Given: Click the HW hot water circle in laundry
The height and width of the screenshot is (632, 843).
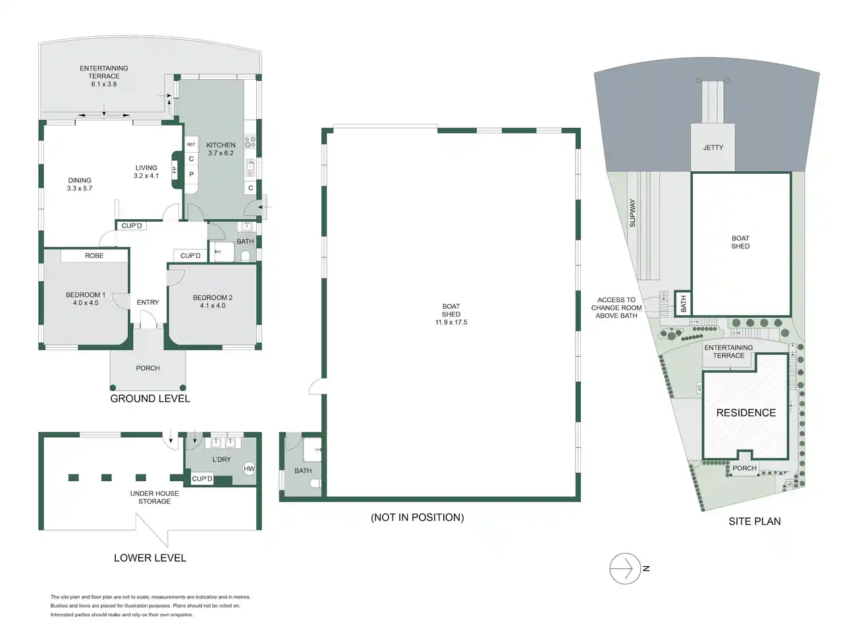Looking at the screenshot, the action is (x=249, y=469).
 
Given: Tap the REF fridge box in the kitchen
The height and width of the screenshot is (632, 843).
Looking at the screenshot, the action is (x=191, y=144).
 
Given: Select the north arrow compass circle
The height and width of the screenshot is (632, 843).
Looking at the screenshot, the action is (x=625, y=568).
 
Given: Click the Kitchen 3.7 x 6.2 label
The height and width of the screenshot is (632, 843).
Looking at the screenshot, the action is (x=221, y=149).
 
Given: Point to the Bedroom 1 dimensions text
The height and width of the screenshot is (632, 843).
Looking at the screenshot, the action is (x=86, y=303).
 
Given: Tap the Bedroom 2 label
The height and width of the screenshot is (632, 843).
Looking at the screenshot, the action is (x=212, y=298).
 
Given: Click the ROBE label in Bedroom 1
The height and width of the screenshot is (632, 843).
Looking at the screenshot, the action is (x=94, y=255).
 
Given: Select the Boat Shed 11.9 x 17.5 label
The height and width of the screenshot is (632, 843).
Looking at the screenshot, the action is (x=451, y=314).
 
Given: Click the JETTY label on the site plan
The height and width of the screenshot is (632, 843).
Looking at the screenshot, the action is (x=713, y=147).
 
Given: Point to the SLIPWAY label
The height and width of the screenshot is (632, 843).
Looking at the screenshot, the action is (x=632, y=213).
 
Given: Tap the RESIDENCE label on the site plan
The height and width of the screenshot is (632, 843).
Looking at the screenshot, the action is (x=746, y=413).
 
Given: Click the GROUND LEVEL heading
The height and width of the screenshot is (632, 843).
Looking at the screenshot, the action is (x=150, y=398).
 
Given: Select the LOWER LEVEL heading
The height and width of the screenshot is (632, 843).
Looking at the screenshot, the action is (x=150, y=558).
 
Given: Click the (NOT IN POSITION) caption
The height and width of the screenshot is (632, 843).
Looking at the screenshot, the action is (x=417, y=517).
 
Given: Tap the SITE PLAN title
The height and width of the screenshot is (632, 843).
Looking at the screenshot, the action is (x=754, y=521).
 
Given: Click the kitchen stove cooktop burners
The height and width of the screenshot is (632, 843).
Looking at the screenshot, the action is (x=250, y=142).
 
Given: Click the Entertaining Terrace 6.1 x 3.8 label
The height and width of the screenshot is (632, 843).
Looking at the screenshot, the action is (x=103, y=76).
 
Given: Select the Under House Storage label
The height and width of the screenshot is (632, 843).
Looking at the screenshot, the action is (x=154, y=497).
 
